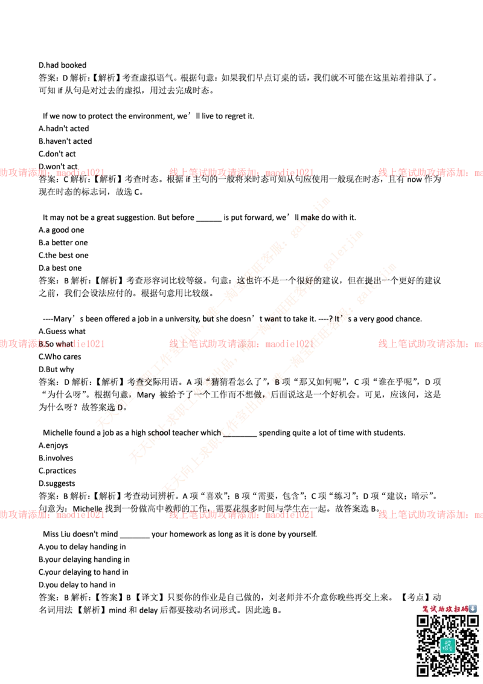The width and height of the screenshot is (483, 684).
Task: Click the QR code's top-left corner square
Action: tap(423, 621)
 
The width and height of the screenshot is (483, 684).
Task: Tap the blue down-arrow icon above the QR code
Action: tap(473, 608)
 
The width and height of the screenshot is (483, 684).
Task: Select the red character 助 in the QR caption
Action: tap(441, 608)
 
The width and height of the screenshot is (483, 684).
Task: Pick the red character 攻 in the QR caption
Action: tap(449, 608)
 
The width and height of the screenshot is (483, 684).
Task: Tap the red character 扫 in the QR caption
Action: tap(457, 608)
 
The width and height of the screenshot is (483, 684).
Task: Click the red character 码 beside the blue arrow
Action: tap(465, 608)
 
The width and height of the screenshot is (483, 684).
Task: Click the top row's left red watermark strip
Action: tap(53, 172)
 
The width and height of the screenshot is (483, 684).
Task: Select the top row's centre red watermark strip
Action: tap(241, 172)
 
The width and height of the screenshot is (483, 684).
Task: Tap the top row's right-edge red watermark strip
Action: tap(430, 172)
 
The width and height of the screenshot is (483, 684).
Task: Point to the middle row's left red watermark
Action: tap(53, 344)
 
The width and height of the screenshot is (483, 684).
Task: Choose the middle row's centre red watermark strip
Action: tap(241, 344)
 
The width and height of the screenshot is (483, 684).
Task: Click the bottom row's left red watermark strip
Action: tap(53, 515)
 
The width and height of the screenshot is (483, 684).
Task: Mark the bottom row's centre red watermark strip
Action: tap(241, 515)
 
